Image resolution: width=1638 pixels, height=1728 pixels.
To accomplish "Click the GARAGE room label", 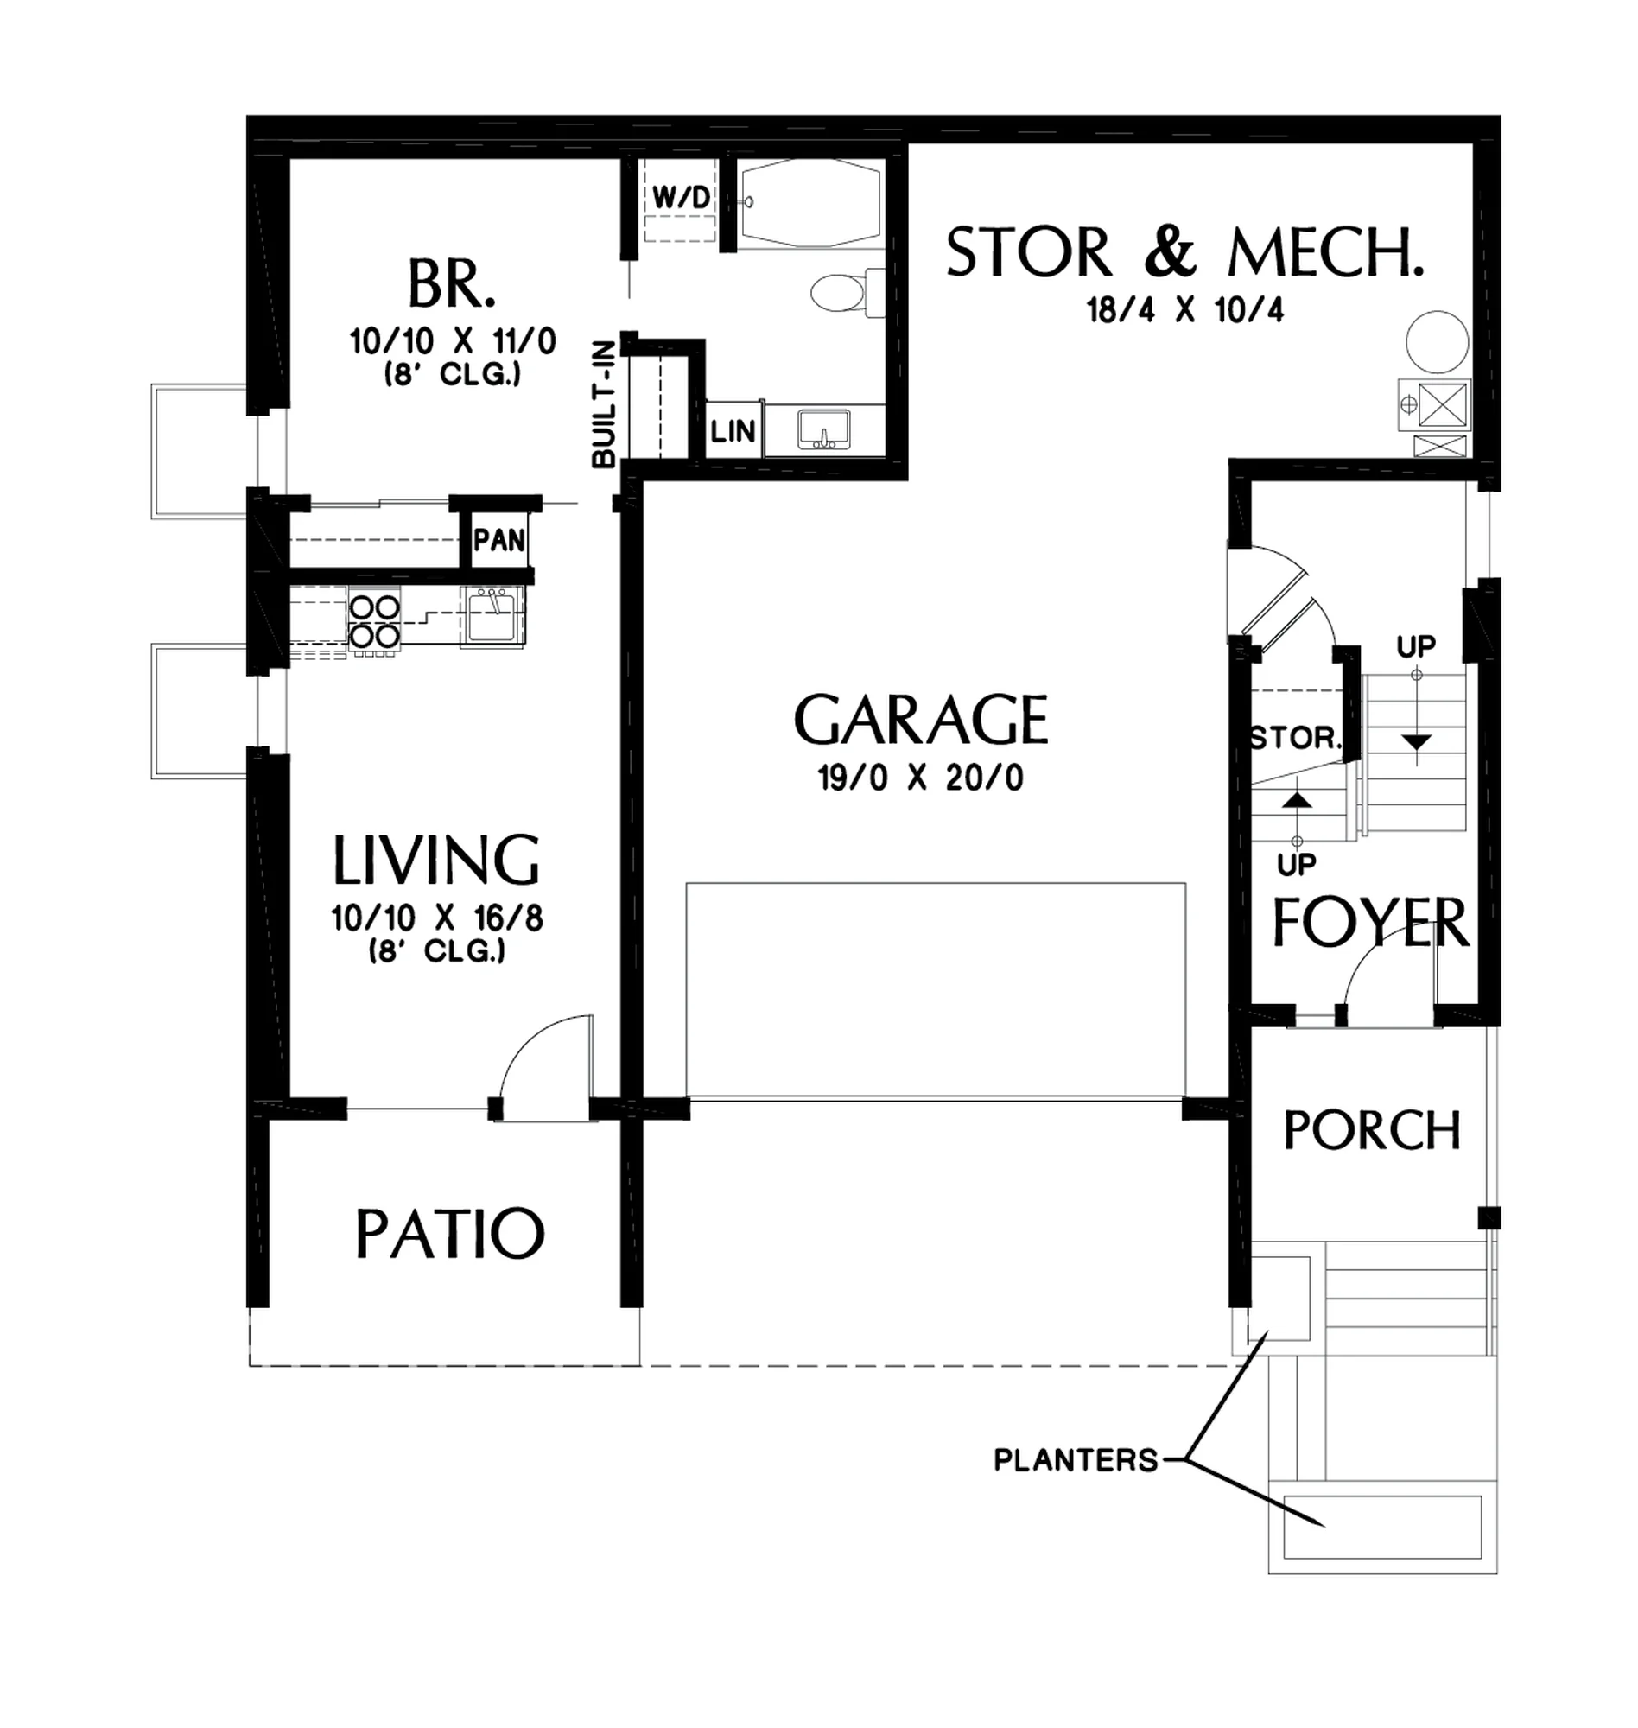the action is click(x=921, y=720).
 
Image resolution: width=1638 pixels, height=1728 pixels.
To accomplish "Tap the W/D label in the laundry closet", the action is click(x=681, y=198).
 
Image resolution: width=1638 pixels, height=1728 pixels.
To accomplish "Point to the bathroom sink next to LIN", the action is click(x=824, y=429).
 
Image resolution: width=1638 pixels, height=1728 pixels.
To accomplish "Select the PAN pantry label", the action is click(x=499, y=541).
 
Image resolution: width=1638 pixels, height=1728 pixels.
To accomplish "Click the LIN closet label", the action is click(x=733, y=430).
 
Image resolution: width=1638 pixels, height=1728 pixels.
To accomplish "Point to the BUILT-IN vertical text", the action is click(x=604, y=404).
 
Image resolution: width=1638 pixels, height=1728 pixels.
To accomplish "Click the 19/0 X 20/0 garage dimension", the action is click(x=920, y=777).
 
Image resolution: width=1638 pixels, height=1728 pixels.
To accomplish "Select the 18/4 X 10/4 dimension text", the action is click(x=1184, y=310).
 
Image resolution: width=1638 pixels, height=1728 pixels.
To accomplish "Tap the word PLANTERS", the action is click(x=1076, y=1460).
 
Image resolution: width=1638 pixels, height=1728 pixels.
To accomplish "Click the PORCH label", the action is click(x=1372, y=1131).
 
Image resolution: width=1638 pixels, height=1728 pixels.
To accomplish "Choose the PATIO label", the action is click(x=449, y=1233).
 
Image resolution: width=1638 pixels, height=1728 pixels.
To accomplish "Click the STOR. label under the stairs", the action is click(x=1296, y=739).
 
